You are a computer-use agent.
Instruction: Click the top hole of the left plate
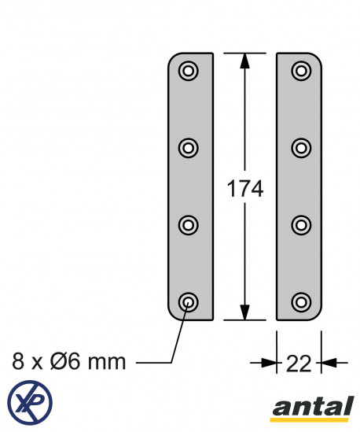pos(189,71)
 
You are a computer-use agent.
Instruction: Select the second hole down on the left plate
pos(189,148)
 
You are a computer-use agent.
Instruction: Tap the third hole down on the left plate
pos(189,225)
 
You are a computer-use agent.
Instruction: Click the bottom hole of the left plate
pos(189,302)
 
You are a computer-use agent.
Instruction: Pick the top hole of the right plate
pos(301,71)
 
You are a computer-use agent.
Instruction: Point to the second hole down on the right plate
pos(301,148)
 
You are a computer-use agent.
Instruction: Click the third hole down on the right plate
pos(301,225)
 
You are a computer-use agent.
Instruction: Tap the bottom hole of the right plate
pos(301,302)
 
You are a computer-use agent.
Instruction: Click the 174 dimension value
pos(244,189)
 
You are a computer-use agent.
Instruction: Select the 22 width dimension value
pos(299,364)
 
